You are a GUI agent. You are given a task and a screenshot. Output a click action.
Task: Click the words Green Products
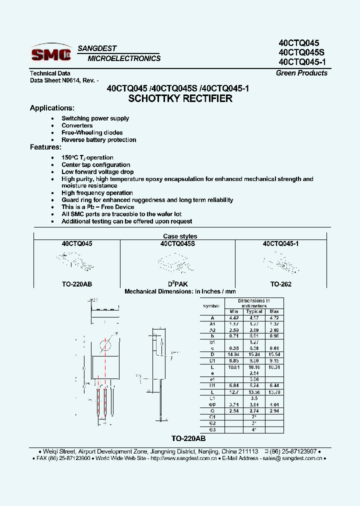(x=301, y=73)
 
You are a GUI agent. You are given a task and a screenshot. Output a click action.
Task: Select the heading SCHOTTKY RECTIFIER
(x=180, y=98)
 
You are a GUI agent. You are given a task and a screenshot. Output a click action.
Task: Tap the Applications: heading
(x=52, y=108)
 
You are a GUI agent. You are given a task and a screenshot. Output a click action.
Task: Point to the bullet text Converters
(x=77, y=125)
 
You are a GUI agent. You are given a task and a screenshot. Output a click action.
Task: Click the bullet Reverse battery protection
(x=98, y=140)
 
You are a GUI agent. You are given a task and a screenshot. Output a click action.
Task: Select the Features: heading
(x=45, y=147)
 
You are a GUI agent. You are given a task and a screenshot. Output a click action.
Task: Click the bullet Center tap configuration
(x=95, y=165)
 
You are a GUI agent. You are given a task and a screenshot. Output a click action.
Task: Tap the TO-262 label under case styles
(x=280, y=284)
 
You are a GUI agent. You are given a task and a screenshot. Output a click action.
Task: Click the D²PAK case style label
(x=178, y=284)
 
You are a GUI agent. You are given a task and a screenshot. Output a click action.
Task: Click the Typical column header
(x=254, y=311)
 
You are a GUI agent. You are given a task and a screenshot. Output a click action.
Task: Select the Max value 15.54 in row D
(x=274, y=354)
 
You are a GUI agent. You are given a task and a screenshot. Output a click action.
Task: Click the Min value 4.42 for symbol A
(x=234, y=317)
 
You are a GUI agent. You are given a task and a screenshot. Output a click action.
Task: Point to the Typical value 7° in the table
(x=254, y=416)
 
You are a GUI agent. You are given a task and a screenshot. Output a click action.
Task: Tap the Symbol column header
(x=211, y=306)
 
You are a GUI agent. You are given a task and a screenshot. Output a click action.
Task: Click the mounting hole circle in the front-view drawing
(x=105, y=345)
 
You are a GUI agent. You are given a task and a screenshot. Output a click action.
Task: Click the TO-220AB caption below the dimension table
(x=188, y=438)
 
